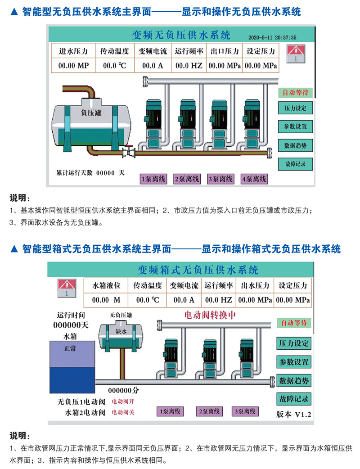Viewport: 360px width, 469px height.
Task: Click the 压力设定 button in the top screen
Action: [295, 108]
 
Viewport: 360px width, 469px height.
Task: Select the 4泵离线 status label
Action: [254, 179]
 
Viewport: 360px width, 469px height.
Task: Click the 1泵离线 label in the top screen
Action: [153, 179]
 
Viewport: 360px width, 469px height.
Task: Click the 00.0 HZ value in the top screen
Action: [189, 66]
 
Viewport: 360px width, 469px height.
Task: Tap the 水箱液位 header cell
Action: [106, 285]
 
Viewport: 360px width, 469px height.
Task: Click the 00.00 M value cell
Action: [106, 300]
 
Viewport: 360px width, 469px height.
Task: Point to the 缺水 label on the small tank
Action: [121, 331]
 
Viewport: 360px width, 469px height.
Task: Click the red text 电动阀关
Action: [123, 412]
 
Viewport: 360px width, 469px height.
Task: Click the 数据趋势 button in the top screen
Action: [295, 146]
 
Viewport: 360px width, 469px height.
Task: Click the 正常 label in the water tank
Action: [70, 348]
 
